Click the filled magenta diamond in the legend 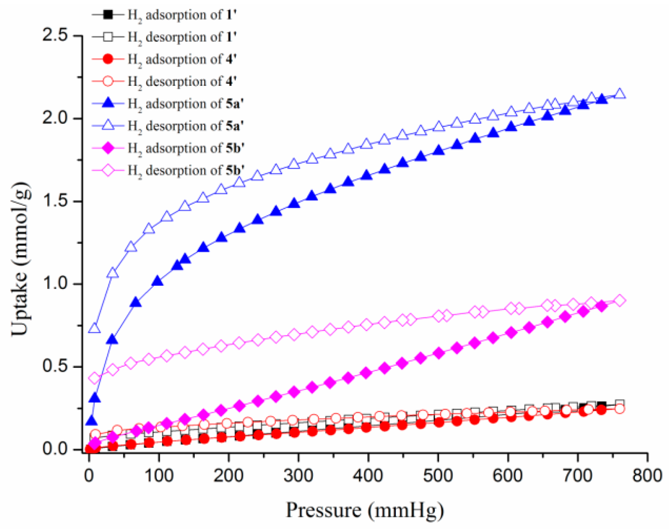(108, 148)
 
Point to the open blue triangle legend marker (108, 126)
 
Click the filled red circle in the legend (108, 59)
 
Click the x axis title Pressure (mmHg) (365, 510)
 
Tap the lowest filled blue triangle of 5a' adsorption (91, 421)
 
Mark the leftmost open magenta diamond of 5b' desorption (94, 378)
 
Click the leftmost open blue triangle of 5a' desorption (94, 328)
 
